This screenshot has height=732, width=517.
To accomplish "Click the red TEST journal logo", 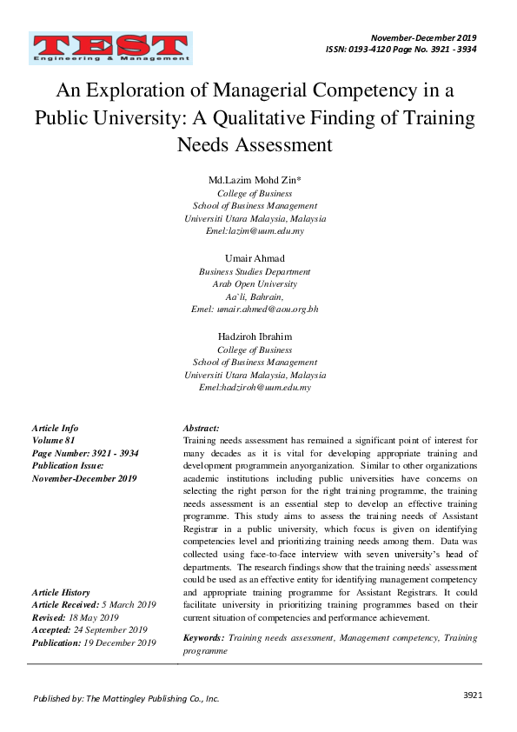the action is (x=110, y=48).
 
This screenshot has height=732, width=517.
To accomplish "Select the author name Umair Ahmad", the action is (x=255, y=258).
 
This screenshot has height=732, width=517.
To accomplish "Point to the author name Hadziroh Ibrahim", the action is (x=255, y=336).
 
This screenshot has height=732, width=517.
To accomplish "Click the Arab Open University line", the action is (x=255, y=283).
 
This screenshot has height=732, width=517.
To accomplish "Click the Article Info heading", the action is (x=55, y=429).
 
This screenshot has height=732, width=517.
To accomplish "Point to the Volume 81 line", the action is (x=55, y=441).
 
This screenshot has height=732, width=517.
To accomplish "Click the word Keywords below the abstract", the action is (x=204, y=637).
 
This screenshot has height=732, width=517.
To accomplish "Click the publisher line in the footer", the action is (x=126, y=698).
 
